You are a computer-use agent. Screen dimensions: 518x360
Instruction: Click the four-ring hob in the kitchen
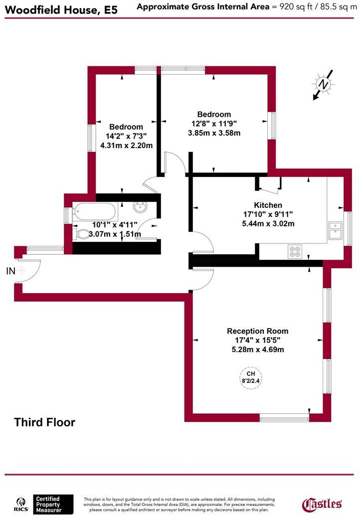(294, 251)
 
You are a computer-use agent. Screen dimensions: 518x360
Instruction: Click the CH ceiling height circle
(251, 376)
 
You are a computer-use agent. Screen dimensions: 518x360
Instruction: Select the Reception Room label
(257, 331)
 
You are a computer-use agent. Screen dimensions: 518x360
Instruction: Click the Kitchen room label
(268, 205)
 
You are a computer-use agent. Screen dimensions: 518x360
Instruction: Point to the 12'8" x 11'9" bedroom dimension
(214, 124)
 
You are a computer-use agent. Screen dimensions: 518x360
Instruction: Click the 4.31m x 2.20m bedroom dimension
(126, 145)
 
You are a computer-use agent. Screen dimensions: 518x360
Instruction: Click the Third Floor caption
(45, 423)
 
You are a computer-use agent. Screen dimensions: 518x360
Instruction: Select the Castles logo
(323, 504)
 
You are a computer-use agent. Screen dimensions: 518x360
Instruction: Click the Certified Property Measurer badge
(53, 504)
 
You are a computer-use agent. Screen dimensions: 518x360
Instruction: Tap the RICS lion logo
(20, 504)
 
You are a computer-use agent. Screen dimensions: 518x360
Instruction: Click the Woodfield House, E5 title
(59, 9)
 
